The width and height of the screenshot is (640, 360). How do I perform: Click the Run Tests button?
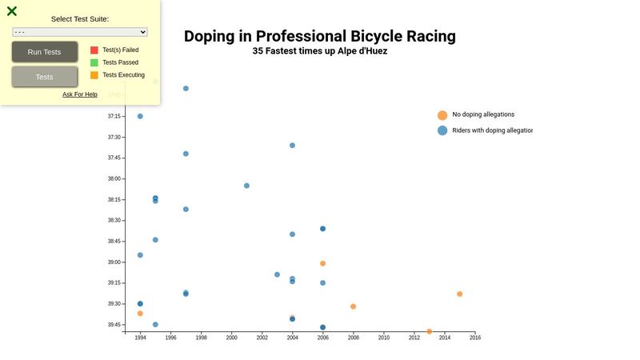pos(44,52)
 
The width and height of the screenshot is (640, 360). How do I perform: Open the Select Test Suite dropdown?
pos(80,32)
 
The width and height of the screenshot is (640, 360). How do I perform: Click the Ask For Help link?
pos(80,94)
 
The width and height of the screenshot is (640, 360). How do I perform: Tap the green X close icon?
pos(12,11)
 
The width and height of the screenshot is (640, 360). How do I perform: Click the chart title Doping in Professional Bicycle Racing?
pos(320,36)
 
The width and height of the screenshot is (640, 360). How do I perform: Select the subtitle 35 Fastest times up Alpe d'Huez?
pos(320,51)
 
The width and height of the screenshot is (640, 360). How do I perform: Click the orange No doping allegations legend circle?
pos(442,115)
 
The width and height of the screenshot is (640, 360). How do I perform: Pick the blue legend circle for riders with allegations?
pos(442,130)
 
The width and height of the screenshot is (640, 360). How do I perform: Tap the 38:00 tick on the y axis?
pos(114,179)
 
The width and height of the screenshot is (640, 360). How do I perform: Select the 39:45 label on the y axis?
pos(114,325)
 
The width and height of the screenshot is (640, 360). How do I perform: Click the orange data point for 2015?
pos(460,294)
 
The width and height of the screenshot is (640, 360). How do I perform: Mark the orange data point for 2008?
pos(354,306)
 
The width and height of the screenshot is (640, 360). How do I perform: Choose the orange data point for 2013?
pos(430,331)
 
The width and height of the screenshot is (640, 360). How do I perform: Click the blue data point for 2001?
pos(246,186)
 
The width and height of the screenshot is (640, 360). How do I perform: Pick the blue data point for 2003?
pos(278,274)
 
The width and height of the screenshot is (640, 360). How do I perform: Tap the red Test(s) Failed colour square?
pos(94,50)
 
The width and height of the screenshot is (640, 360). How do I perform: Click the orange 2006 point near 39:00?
pos(323,263)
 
